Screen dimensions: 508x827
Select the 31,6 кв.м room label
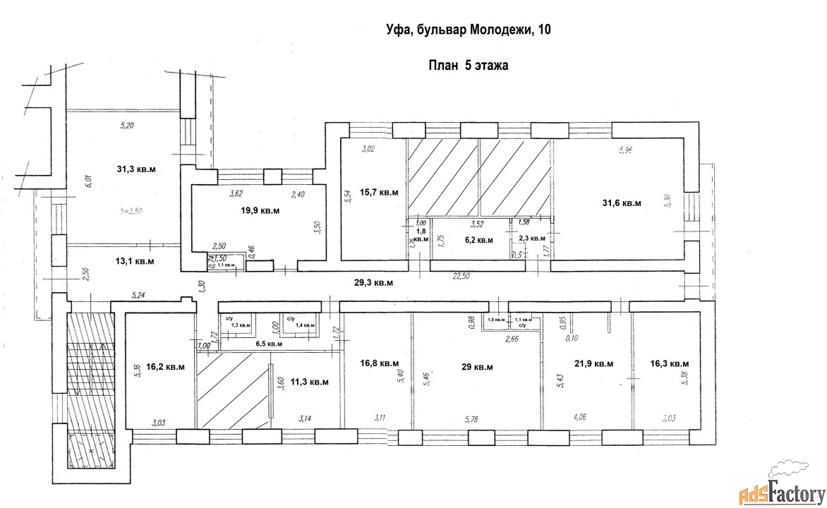coord(621,202)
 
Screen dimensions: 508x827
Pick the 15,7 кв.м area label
coord(380,192)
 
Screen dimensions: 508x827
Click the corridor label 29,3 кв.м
coord(373,282)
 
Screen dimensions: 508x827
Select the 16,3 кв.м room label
coord(669,363)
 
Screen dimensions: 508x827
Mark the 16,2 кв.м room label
coord(166,366)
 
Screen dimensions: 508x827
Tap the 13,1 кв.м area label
coord(135,261)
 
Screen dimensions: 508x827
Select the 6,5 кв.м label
coord(269,344)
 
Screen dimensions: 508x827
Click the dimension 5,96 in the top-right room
coord(625,150)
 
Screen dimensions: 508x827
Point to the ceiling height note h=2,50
coord(131,211)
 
